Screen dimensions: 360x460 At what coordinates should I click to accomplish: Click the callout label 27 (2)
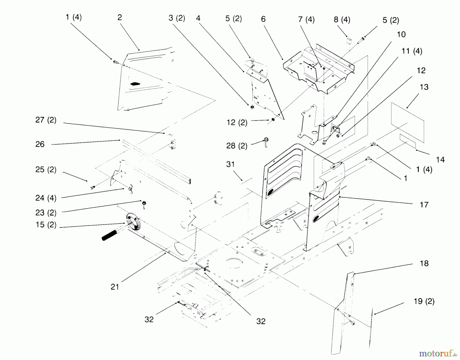coord(46,120)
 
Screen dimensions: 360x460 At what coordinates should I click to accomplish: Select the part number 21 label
coord(115,287)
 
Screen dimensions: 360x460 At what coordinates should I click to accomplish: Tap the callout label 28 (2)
coord(237,146)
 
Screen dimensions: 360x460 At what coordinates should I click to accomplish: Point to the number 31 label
coord(230,164)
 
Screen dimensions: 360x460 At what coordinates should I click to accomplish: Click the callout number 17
coord(424,204)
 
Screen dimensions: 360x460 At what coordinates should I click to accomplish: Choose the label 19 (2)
coord(424,301)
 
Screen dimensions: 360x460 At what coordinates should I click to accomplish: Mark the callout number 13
coord(424,87)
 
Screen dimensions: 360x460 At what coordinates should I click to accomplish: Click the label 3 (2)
coord(177,18)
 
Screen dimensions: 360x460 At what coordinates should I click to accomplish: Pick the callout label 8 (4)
coord(342,20)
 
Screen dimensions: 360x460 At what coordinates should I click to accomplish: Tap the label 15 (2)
coord(46,225)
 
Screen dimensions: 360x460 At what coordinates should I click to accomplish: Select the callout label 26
coord(40,144)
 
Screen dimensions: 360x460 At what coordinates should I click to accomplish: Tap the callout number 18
coord(424,263)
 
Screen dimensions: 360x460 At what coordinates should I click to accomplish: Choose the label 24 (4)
coord(46,198)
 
